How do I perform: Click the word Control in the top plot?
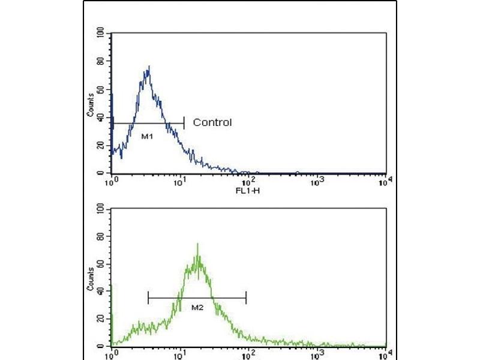212,123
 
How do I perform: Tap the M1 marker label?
147,137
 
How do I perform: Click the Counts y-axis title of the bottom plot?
91,278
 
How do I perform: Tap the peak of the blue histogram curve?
148,67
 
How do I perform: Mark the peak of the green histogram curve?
197,244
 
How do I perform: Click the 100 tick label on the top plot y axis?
100,33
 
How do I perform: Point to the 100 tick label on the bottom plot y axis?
100,208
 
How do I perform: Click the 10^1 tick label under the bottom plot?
180,354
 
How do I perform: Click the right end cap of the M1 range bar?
184,124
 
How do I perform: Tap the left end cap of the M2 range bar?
148,296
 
